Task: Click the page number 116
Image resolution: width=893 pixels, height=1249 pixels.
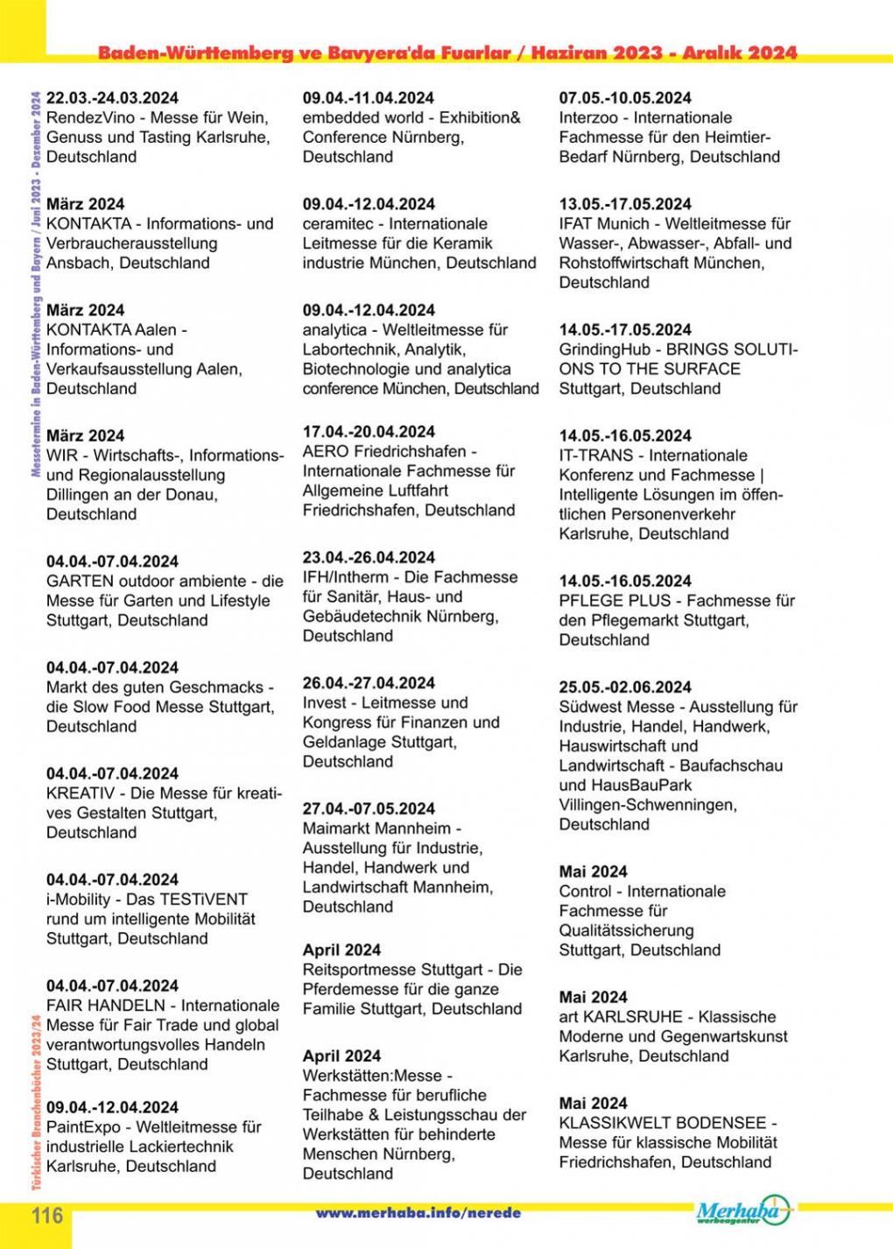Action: [48, 1216]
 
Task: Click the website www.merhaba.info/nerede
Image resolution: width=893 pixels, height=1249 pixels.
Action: [418, 1213]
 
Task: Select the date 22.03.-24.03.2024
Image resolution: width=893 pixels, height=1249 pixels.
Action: [112, 98]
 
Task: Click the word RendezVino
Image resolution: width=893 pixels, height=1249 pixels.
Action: [94, 118]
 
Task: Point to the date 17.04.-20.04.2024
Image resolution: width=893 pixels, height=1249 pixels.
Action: [369, 432]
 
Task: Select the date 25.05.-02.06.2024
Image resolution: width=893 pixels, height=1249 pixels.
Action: [625, 688]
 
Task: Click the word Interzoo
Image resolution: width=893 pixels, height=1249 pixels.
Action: [591, 118]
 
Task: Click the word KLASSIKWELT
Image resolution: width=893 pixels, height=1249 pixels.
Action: [615, 1123]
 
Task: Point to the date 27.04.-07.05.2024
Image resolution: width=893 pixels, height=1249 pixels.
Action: [369, 808]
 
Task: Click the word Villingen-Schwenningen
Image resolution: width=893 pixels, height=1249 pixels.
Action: [648, 805]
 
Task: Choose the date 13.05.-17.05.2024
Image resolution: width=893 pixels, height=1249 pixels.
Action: [625, 204]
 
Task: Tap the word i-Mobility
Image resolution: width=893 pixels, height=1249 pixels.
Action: [79, 900]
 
